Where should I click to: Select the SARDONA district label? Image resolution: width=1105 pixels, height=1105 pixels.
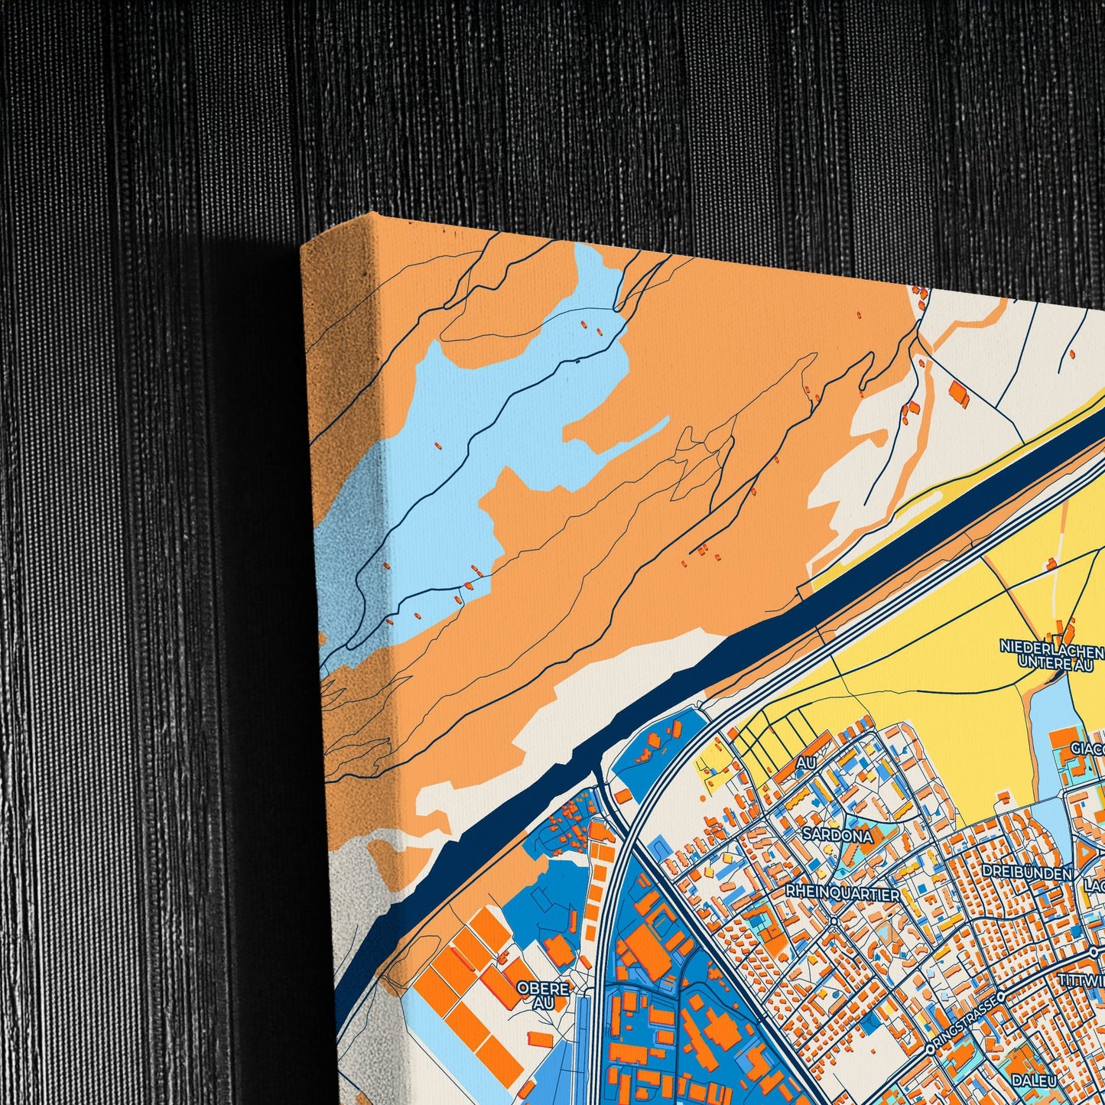coord(837,836)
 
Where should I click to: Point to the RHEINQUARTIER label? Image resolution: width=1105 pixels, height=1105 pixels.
coord(843,894)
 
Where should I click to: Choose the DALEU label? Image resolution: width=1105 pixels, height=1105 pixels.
coord(1034,1081)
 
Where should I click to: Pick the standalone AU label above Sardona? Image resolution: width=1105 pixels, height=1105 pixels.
coord(806,763)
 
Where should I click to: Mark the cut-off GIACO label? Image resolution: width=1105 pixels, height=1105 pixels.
coord(1087,748)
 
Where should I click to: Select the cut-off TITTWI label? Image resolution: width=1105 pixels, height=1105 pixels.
coord(1081,980)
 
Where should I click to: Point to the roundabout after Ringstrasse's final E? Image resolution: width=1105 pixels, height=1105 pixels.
coord(1000,997)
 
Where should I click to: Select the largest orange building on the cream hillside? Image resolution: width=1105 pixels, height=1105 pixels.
coord(958,395)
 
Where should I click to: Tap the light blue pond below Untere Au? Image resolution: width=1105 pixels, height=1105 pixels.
coord(1046,726)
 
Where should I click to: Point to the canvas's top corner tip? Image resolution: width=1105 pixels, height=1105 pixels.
coord(372,213)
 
